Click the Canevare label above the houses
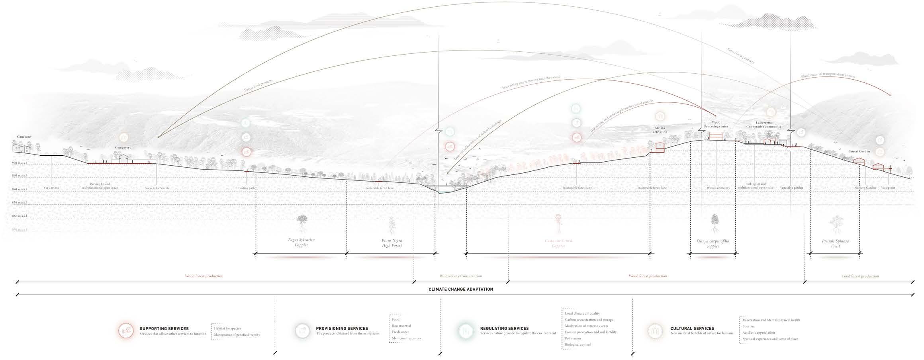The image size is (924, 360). (24, 137)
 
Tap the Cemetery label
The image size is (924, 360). (123, 147)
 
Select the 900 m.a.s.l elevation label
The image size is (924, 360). (20, 163)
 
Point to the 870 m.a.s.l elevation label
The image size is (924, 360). (20, 203)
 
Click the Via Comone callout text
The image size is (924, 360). (51, 188)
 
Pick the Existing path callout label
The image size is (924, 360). (246, 188)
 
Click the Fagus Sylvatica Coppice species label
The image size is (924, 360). (301, 242)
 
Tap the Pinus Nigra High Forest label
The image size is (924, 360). (392, 243)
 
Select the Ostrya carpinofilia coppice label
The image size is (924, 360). (713, 244)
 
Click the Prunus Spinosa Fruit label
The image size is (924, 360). (835, 244)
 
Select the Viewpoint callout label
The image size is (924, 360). (888, 188)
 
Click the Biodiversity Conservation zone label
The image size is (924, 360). (461, 276)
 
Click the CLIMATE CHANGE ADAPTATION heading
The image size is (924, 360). (461, 289)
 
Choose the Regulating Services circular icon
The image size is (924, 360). (465, 331)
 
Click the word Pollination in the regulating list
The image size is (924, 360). (573, 338)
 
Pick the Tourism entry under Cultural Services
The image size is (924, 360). (748, 326)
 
